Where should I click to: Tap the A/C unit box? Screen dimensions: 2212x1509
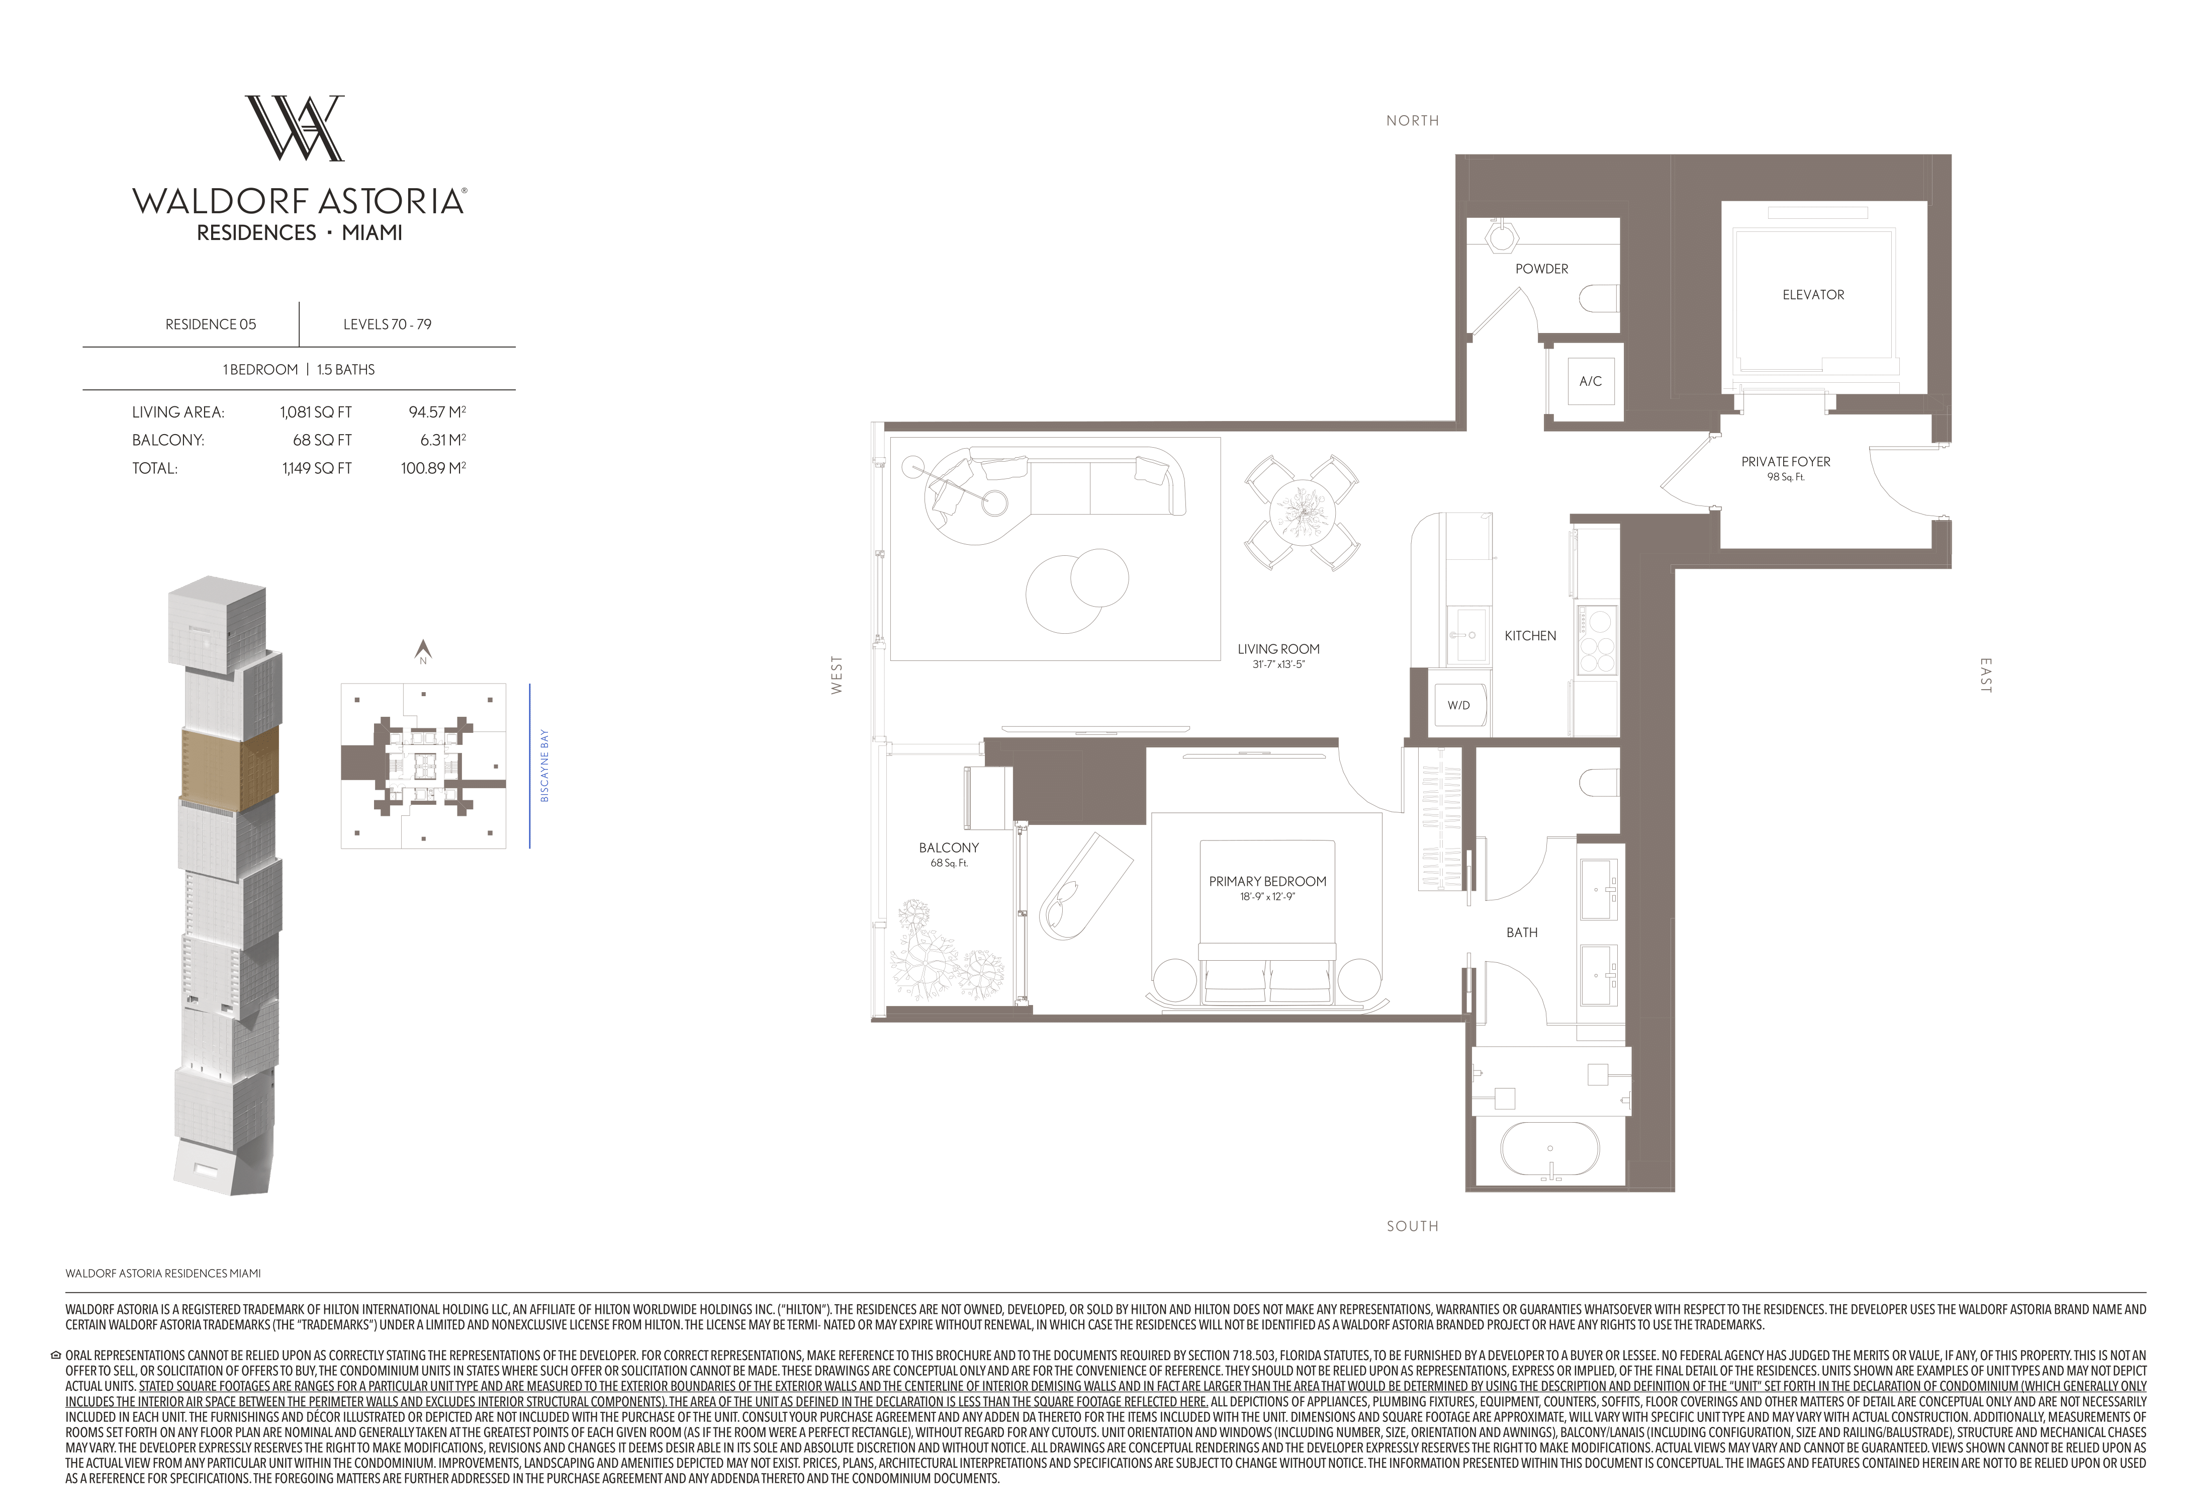(1591, 381)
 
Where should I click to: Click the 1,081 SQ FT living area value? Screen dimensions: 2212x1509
(316, 412)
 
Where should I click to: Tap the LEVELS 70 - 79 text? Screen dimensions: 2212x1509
(388, 324)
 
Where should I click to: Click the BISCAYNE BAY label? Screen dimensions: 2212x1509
(544, 766)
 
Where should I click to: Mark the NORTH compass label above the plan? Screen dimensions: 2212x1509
(1413, 121)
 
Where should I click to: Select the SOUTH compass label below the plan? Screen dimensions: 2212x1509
(1413, 1226)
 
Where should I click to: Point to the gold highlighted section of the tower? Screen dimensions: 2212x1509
(229, 766)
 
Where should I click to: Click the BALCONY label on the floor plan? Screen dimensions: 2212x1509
(949, 848)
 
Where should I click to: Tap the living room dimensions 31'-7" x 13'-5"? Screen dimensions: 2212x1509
(1278, 664)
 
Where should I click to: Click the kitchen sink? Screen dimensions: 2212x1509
(1467, 634)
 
